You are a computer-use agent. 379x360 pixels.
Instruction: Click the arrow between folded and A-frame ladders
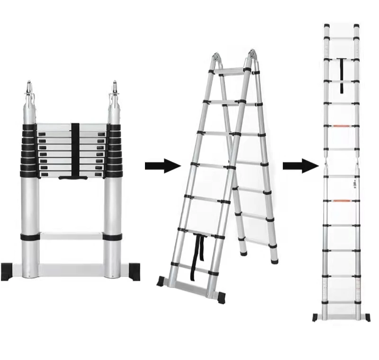163,166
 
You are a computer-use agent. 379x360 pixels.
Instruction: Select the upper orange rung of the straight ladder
341,126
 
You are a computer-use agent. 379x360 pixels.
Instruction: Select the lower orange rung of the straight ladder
341,200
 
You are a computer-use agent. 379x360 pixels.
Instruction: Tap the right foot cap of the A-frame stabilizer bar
222,298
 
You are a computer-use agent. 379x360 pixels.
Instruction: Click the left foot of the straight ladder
316,316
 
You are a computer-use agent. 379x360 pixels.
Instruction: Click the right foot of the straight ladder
366,316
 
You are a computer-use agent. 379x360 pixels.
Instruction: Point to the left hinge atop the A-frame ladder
215,60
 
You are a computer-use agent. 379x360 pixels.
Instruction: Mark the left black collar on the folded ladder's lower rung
29,236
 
